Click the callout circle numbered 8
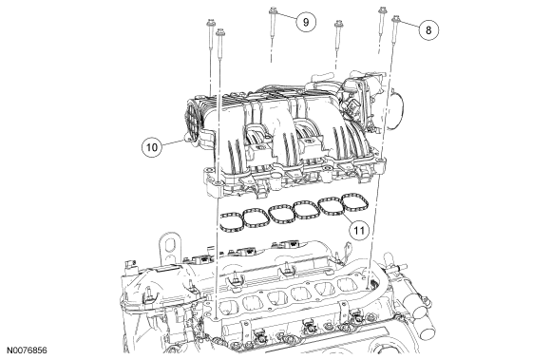[428, 30]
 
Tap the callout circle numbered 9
[306, 22]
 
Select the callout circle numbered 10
[152, 147]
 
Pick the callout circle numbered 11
[359, 231]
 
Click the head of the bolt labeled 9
[273, 10]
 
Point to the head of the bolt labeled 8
[396, 18]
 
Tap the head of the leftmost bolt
[211, 23]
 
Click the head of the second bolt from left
[220, 32]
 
